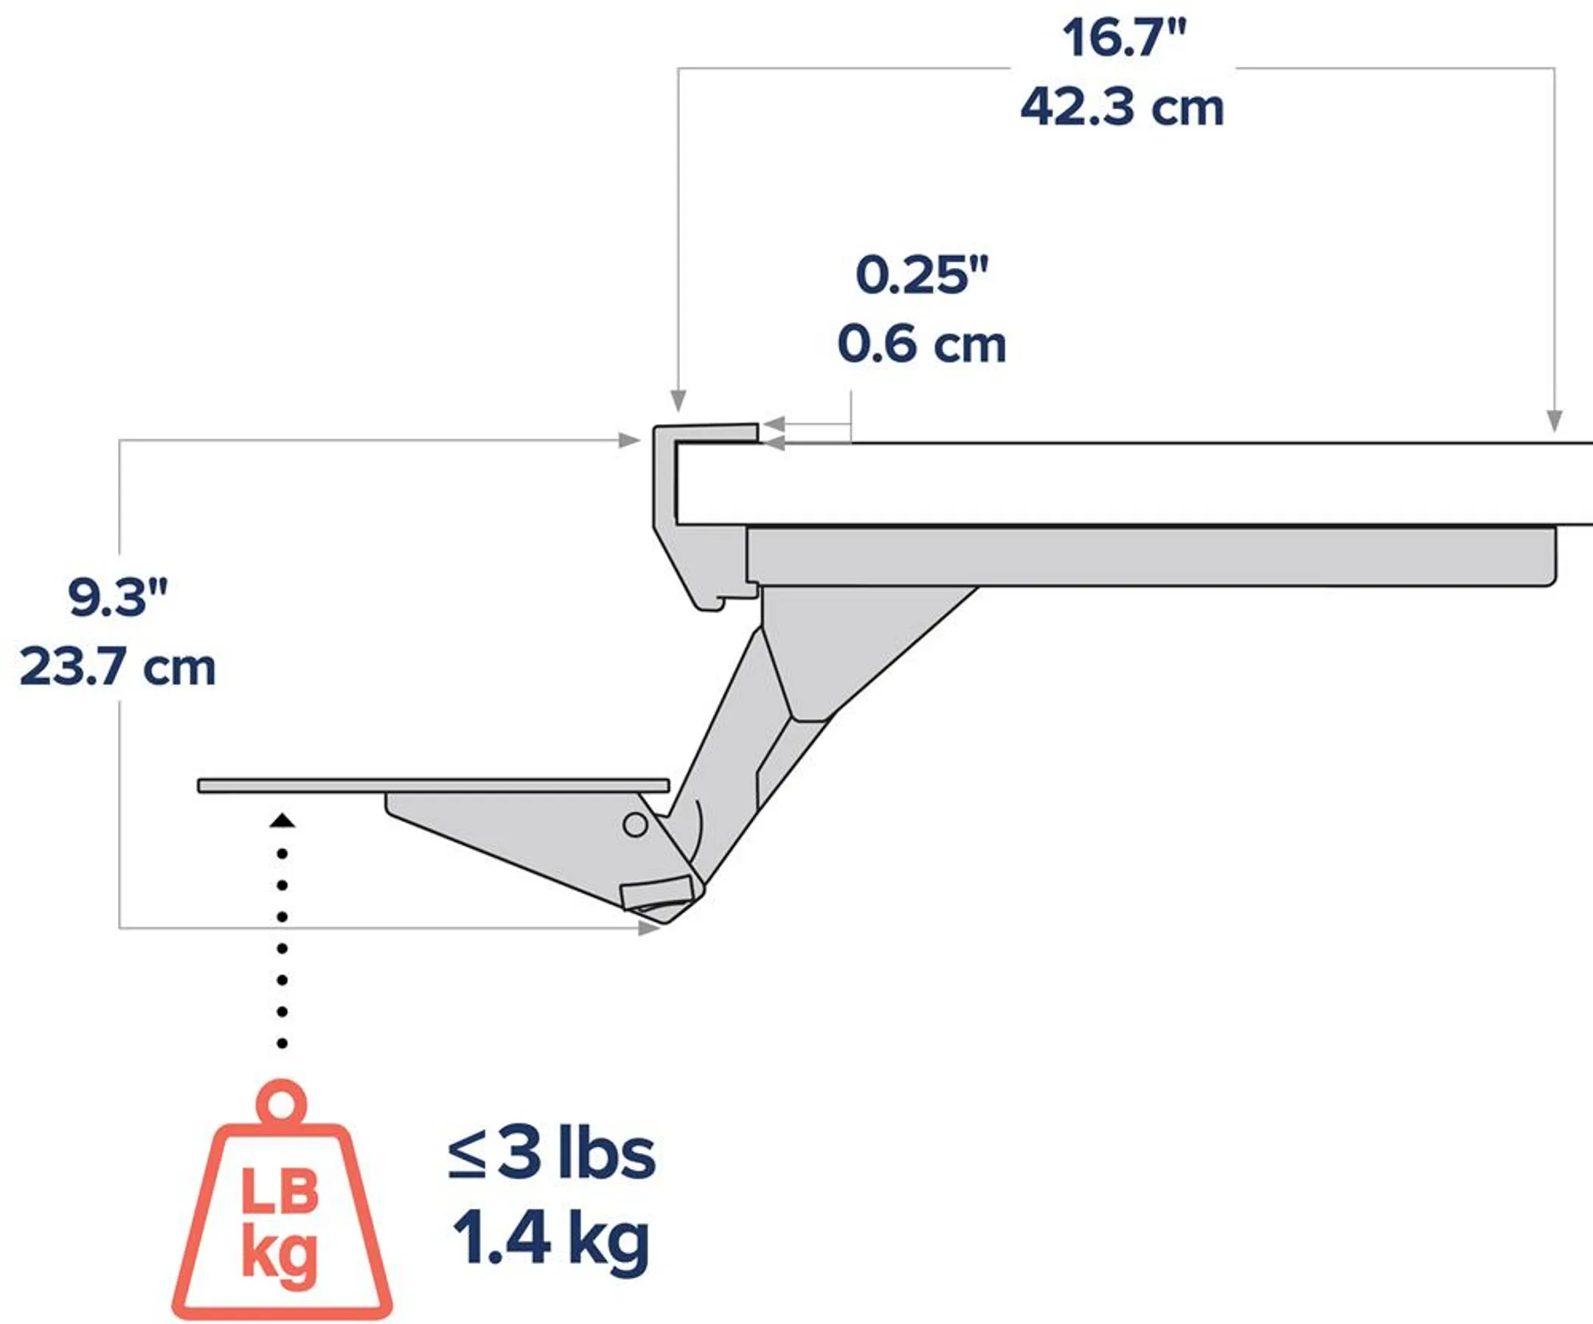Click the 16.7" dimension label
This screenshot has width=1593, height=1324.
(x=1123, y=38)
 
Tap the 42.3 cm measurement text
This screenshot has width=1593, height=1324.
(x=1122, y=108)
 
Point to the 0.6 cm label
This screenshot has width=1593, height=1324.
(x=922, y=344)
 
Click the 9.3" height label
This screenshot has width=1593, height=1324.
(x=117, y=597)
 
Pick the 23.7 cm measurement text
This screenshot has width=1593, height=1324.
(x=117, y=668)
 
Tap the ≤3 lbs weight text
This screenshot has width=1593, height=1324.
(x=552, y=1154)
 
